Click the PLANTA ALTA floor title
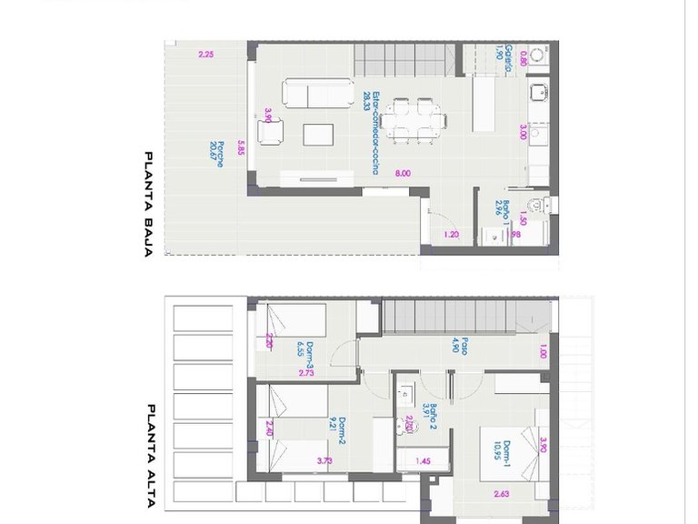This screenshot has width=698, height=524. pyautogui.click(x=150, y=443)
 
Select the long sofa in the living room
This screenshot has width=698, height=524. pyautogui.click(x=318, y=93)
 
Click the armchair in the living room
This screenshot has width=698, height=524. pyautogui.click(x=272, y=133)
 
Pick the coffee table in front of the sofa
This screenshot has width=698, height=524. pyautogui.click(x=318, y=135)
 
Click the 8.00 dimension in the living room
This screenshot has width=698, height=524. pyautogui.click(x=403, y=174)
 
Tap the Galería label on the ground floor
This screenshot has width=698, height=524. pyautogui.click(x=510, y=59)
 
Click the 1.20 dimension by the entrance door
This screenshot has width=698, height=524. pyautogui.click(x=452, y=236)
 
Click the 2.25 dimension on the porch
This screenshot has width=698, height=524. pyautogui.click(x=206, y=55)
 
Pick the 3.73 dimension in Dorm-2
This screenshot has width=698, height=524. pyautogui.click(x=325, y=461)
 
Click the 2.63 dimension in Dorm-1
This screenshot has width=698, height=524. pyautogui.click(x=501, y=494)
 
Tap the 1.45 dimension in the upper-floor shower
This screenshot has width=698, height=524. pyautogui.click(x=423, y=461)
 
